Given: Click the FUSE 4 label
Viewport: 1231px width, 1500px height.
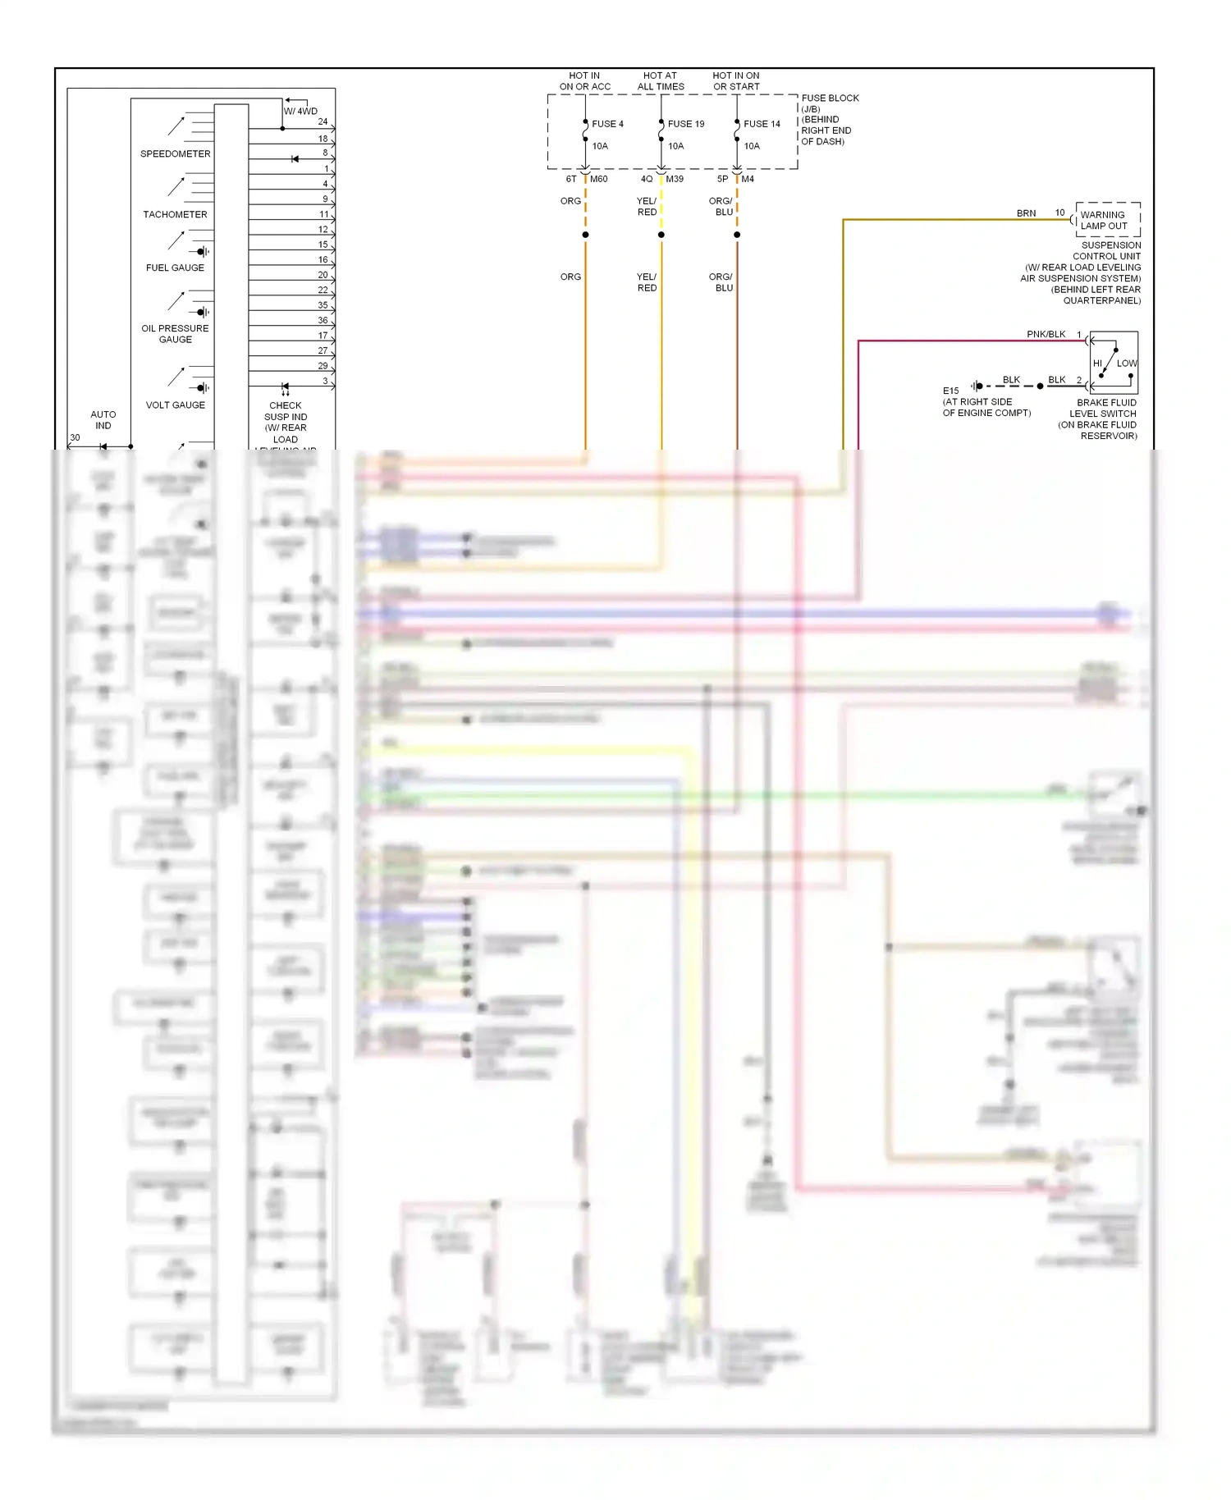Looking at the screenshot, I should [x=607, y=124].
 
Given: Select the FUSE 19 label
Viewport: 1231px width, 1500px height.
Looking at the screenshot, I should [x=685, y=124].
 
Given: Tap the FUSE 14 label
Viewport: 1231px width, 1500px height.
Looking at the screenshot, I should [x=762, y=124].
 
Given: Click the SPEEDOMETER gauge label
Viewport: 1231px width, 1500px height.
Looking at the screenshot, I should [x=175, y=153].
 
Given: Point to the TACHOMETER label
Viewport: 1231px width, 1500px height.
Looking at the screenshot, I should [x=175, y=214].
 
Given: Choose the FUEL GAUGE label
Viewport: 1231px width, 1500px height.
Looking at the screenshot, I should [x=175, y=268].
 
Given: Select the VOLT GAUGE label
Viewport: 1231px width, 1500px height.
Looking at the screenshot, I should [x=175, y=405].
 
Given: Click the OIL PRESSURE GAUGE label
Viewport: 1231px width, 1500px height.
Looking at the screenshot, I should [x=175, y=333].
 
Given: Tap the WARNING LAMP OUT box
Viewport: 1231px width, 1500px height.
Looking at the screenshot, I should [x=1106, y=220].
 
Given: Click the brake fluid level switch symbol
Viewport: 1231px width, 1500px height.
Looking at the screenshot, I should [x=1114, y=363].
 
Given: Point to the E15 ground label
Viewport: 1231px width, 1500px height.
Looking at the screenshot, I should [x=950, y=391].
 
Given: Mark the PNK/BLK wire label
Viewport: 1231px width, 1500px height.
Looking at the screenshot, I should [x=1046, y=334].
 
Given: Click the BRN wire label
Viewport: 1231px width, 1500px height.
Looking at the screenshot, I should [x=1026, y=213].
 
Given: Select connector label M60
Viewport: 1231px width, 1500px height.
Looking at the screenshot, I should [x=599, y=179].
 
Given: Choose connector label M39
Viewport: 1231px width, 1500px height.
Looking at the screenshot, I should [x=675, y=179].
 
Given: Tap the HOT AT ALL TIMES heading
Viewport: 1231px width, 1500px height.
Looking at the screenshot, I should [x=661, y=80].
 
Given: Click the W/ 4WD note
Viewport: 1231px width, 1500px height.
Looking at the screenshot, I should [x=300, y=111].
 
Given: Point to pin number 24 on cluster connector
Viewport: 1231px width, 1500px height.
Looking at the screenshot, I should [x=323, y=121].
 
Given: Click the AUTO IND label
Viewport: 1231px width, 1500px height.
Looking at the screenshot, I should [x=103, y=419].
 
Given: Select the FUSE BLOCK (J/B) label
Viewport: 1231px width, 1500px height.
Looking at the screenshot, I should [x=830, y=103].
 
